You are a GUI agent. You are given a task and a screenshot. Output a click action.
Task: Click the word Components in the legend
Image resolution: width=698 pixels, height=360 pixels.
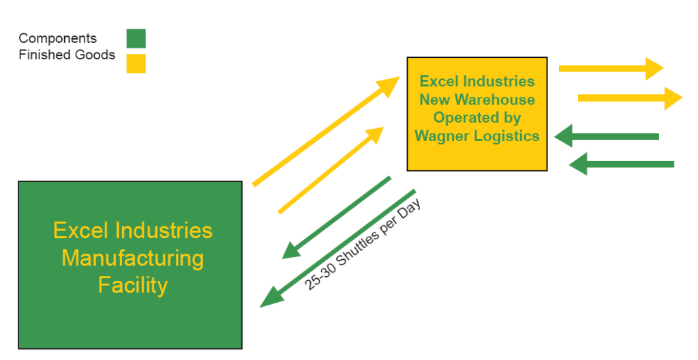[58, 39]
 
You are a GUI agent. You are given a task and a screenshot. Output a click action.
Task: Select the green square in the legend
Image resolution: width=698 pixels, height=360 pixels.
[136, 39]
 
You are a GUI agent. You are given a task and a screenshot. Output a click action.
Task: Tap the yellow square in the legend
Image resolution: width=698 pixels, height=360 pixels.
[136, 63]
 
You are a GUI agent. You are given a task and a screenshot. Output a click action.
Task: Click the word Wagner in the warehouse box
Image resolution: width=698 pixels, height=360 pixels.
[444, 136]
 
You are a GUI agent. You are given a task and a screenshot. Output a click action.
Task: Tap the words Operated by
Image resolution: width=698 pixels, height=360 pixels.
[477, 117]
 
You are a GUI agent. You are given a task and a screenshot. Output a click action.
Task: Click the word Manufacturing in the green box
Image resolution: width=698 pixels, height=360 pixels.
[133, 258]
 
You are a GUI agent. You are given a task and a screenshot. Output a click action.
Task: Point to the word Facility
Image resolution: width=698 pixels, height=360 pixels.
[133, 284]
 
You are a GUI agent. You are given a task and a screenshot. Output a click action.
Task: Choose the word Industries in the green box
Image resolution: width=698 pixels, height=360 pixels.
[164, 230]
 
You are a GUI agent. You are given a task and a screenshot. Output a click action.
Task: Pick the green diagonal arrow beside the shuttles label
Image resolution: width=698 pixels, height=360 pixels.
[338, 248]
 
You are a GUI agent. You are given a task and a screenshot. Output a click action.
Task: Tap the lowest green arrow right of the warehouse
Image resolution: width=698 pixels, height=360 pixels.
[620, 164]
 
